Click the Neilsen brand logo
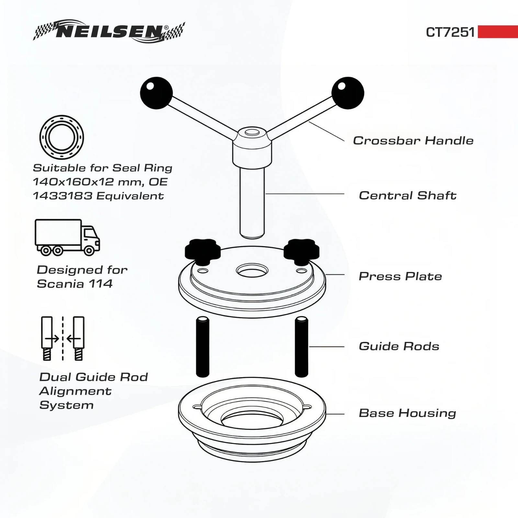coord(109,31)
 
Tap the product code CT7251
coord(450,32)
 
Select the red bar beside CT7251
coord(498,32)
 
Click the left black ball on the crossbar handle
coord(156,93)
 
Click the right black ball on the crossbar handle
coord(348,93)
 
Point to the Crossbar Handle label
coord(413,141)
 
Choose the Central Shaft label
coord(408,196)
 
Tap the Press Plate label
coord(400,276)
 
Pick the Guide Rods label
coord(399,346)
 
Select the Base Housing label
coord(408,413)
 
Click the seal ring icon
coord(62,137)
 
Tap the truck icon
coord(67,237)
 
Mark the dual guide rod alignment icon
coord(63,338)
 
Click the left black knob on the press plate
coord(203,251)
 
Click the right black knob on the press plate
coord(301,251)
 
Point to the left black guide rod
coord(203,347)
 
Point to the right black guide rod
coord(301,347)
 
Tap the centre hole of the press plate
coord(252,271)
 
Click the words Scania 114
coord(75,284)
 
